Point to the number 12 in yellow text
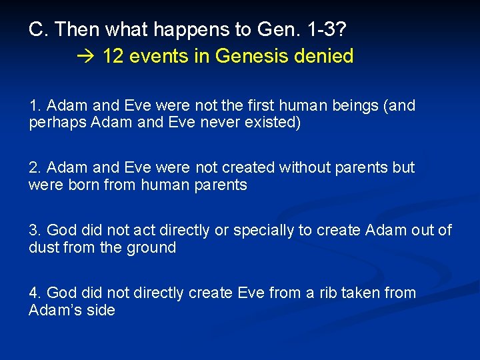[x=114, y=56]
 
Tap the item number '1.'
[x=35, y=105]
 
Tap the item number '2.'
[x=35, y=167]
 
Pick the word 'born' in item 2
[x=84, y=185]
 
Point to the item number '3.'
[x=35, y=230]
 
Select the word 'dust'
[x=43, y=247]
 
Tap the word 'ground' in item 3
[x=154, y=247]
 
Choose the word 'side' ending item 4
[x=100, y=310]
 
